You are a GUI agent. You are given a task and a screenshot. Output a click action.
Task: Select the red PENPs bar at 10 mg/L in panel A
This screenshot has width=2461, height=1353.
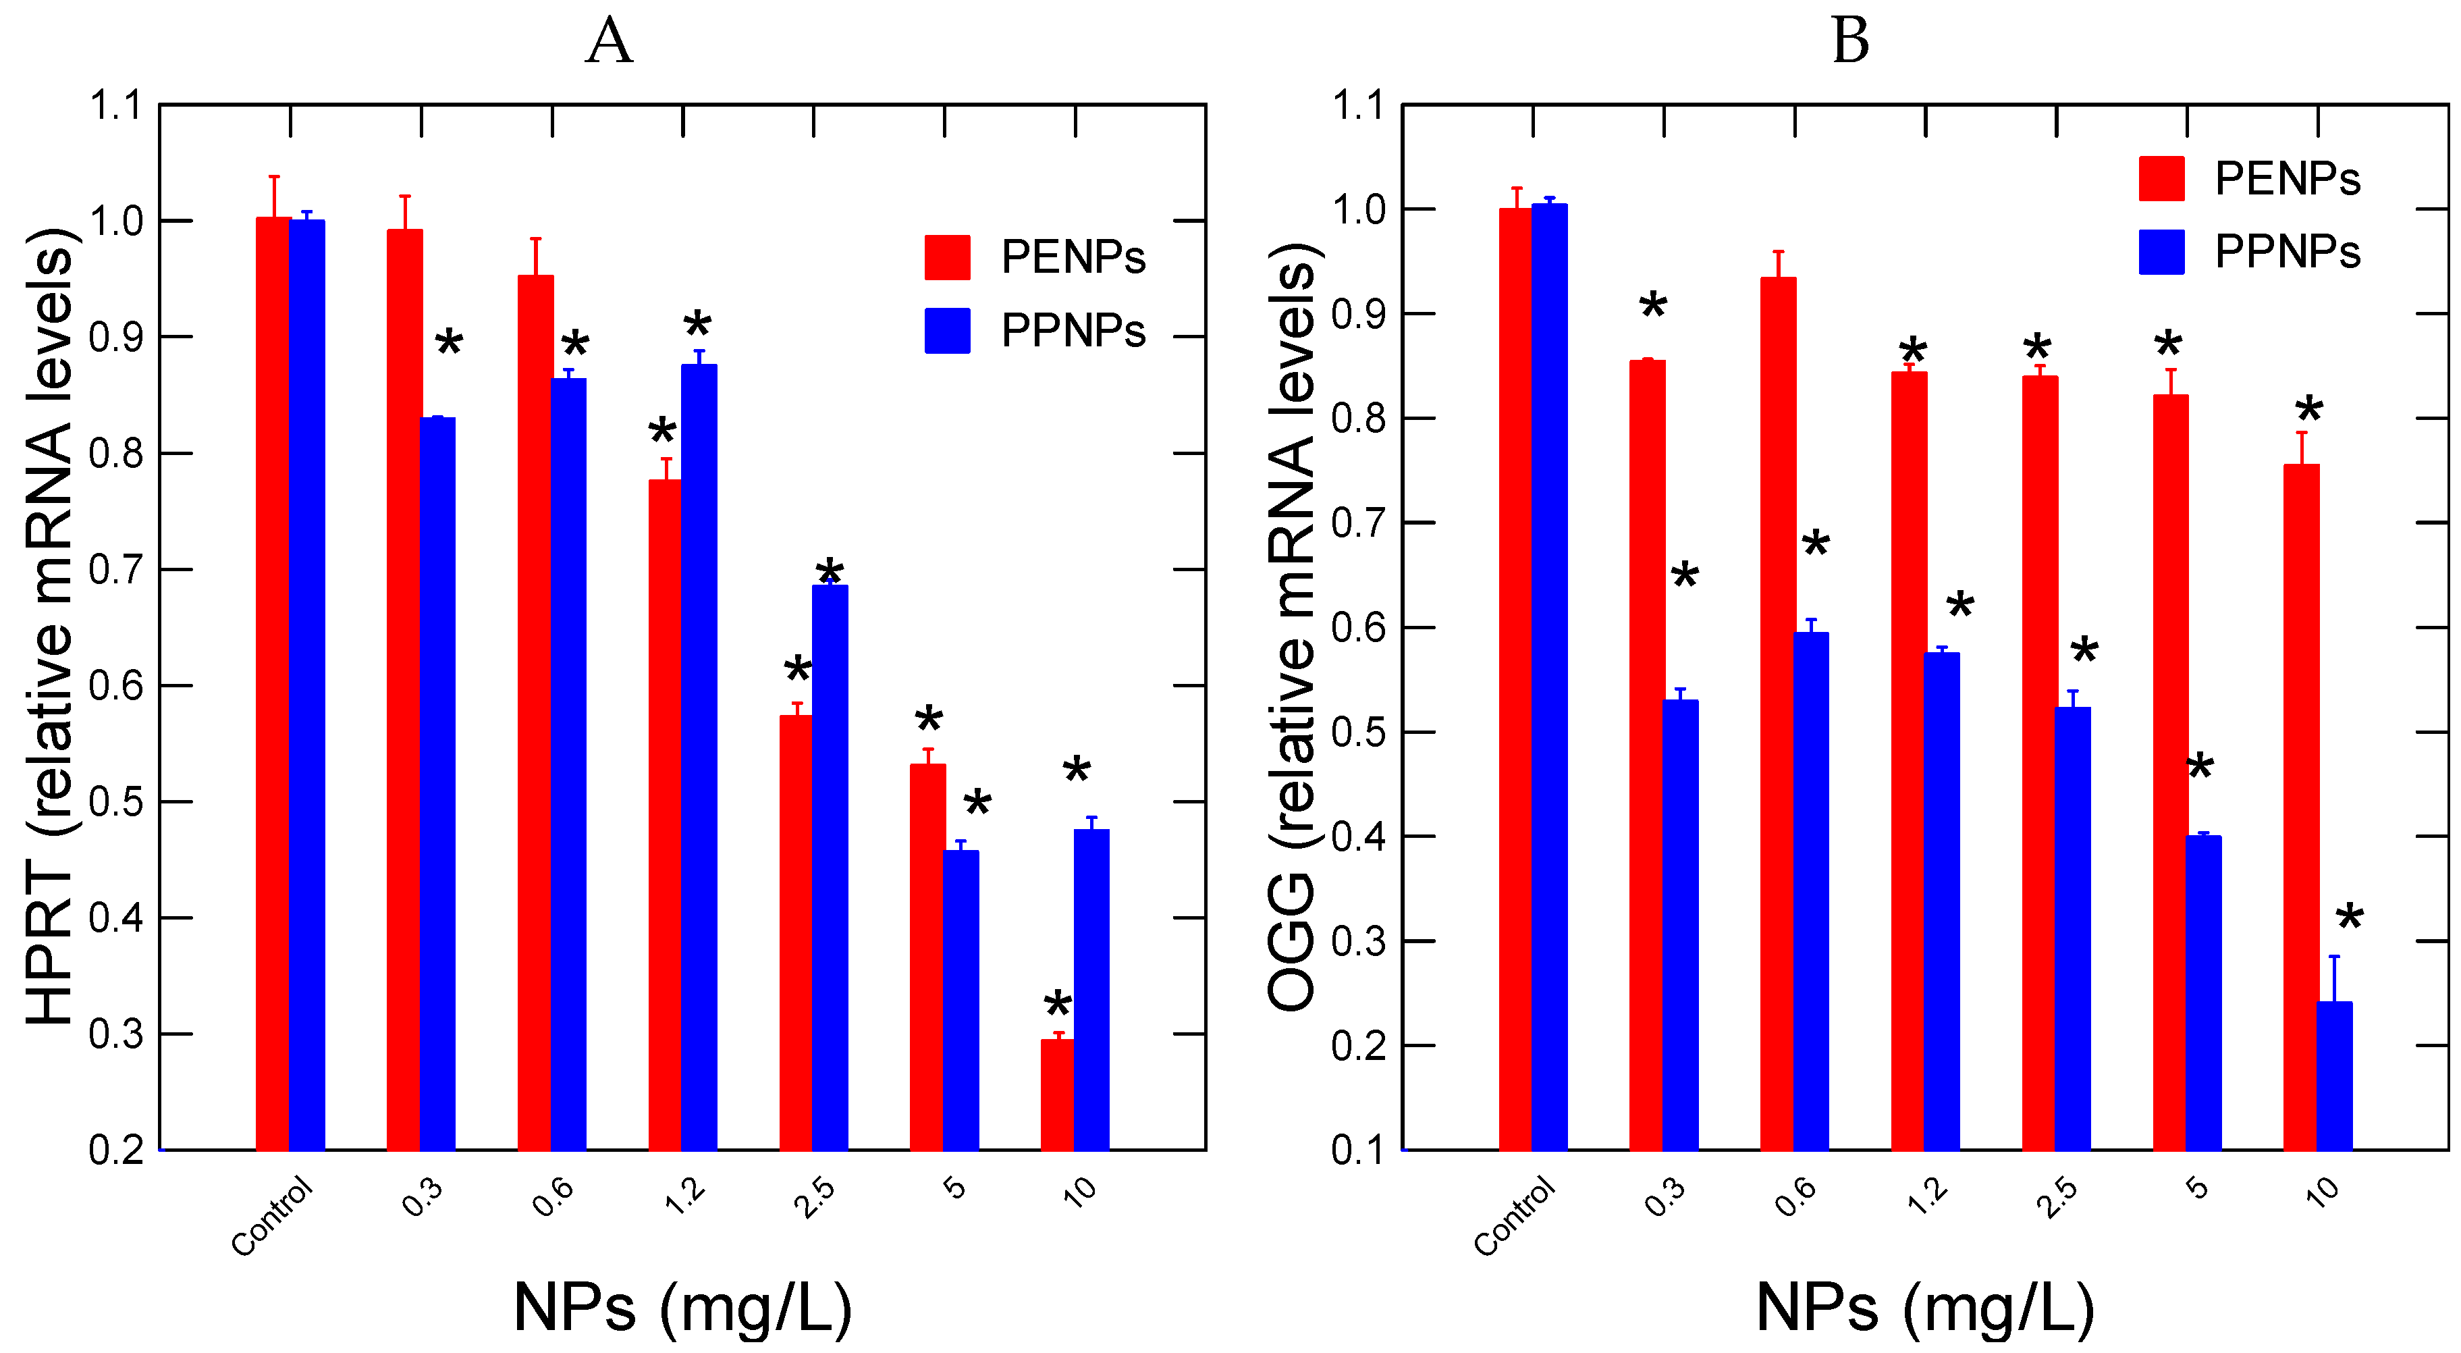tap(1056, 1094)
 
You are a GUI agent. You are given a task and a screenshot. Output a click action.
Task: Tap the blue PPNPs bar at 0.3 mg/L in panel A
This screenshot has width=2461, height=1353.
tap(437, 784)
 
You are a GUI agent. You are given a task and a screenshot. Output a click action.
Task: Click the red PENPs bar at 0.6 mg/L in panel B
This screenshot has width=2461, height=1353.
tap(1778, 712)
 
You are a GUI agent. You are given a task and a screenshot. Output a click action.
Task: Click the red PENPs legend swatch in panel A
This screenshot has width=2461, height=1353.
tap(947, 257)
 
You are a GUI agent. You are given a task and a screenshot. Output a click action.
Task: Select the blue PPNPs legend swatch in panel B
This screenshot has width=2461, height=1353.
tap(2161, 253)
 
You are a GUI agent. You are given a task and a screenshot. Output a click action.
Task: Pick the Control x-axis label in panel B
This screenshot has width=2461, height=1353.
tap(1514, 1215)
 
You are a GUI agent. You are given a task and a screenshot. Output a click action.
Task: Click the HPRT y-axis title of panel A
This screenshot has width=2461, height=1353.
tap(50, 626)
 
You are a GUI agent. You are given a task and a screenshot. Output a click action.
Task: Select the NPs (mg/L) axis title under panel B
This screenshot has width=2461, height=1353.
tap(1925, 1306)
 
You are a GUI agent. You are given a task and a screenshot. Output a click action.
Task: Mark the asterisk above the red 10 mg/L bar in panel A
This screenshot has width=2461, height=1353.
tap(1058, 1006)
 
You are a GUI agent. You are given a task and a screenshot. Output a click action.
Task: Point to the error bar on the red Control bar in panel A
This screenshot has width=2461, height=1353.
tap(274, 196)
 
